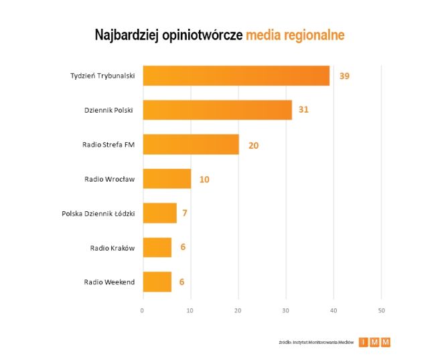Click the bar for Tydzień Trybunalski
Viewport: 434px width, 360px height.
pos(236,76)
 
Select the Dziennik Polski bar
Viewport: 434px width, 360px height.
pos(217,110)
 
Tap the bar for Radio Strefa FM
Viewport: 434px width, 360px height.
pos(191,144)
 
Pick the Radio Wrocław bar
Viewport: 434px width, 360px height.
pos(167,179)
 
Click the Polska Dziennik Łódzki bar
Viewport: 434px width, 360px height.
pos(159,213)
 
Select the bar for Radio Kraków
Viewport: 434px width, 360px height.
pos(157,247)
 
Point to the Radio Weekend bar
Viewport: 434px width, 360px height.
pos(157,282)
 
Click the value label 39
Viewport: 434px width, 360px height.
pos(344,76)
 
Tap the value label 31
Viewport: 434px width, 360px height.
pos(303,109)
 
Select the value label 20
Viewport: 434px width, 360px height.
pos(254,144)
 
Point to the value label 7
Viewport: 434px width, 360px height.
pos(184,213)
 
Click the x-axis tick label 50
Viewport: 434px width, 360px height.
pos(381,310)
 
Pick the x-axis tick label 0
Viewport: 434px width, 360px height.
pos(143,310)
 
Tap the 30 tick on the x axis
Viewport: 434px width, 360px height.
pos(286,310)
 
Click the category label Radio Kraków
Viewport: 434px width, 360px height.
pos(113,248)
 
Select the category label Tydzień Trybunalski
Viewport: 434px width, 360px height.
pos(102,76)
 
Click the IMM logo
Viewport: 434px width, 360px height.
pos(374,342)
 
